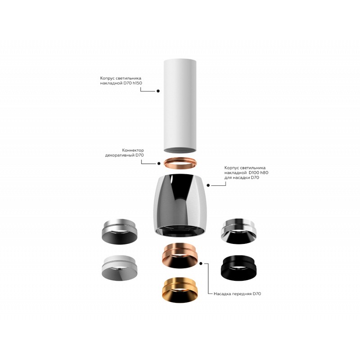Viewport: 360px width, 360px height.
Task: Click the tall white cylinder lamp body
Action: click(x=180, y=106)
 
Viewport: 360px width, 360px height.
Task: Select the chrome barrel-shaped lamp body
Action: click(x=180, y=204)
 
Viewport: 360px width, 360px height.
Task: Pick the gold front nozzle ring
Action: click(x=180, y=290)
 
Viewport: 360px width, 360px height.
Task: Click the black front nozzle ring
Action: click(x=238, y=268)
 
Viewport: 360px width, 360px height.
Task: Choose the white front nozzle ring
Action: click(x=120, y=268)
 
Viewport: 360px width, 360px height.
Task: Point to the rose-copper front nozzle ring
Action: click(x=180, y=255)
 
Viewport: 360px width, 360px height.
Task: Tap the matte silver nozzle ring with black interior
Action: click(x=119, y=231)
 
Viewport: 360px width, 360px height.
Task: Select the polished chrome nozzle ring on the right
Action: click(x=238, y=231)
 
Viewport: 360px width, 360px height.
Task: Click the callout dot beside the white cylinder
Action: click(x=158, y=91)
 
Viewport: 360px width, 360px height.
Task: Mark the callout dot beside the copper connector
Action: click(x=159, y=163)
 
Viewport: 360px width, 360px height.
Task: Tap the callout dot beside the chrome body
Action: click(x=208, y=185)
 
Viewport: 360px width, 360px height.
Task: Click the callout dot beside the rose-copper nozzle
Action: click(x=201, y=264)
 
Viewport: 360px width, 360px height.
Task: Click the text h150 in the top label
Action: click(x=137, y=83)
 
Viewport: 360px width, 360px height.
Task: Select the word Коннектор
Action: click(x=133, y=150)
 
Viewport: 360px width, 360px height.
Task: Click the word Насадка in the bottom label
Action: click(x=222, y=294)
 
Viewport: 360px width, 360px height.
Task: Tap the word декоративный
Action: click(x=120, y=155)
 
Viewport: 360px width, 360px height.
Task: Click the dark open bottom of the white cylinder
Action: click(x=180, y=150)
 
